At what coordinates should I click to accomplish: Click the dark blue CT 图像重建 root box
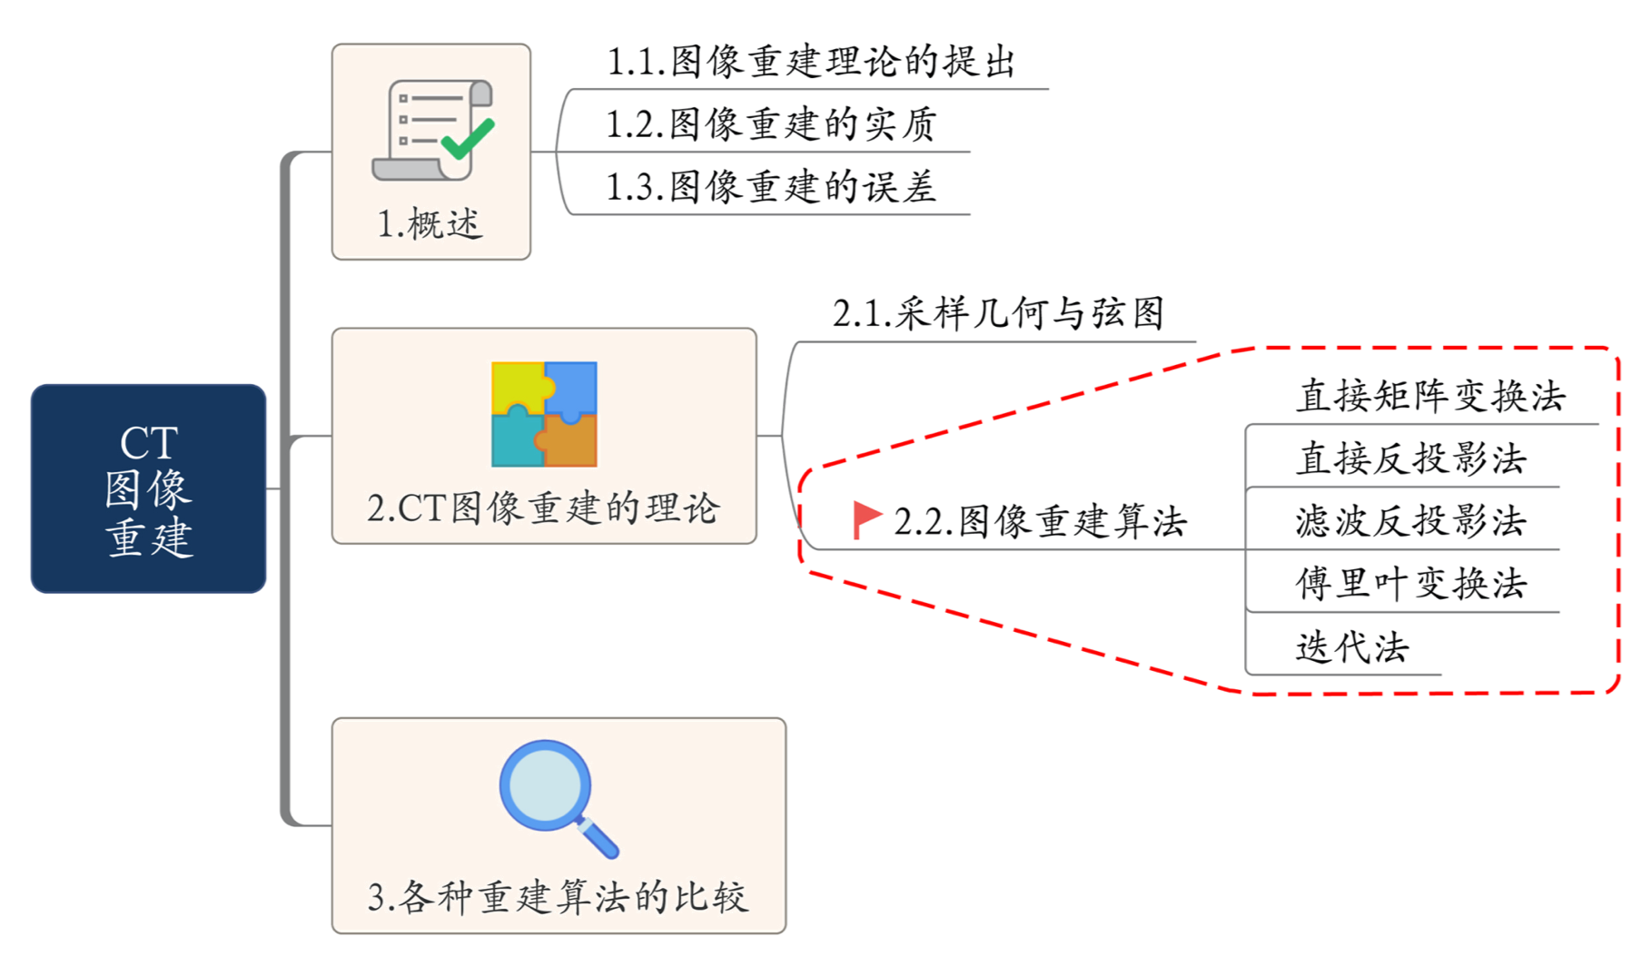[148, 488]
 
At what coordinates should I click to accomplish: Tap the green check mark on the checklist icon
[468, 138]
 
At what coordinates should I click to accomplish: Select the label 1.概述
[430, 224]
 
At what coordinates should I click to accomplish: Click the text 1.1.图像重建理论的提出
[809, 62]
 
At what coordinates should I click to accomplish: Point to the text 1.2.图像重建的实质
[771, 124]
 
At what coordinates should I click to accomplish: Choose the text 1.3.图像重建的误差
[771, 187]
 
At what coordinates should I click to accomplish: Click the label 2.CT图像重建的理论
[543, 509]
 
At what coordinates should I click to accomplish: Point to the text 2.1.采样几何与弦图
[998, 314]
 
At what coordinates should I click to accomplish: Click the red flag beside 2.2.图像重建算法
[866, 519]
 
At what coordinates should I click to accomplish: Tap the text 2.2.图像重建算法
[1041, 522]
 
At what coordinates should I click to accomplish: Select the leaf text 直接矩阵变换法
[1430, 397]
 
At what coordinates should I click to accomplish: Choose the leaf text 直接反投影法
[1411, 459]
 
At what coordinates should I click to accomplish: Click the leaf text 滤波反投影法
[1411, 522]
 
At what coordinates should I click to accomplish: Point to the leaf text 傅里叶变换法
[1411, 584]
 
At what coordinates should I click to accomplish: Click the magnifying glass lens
[546, 785]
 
